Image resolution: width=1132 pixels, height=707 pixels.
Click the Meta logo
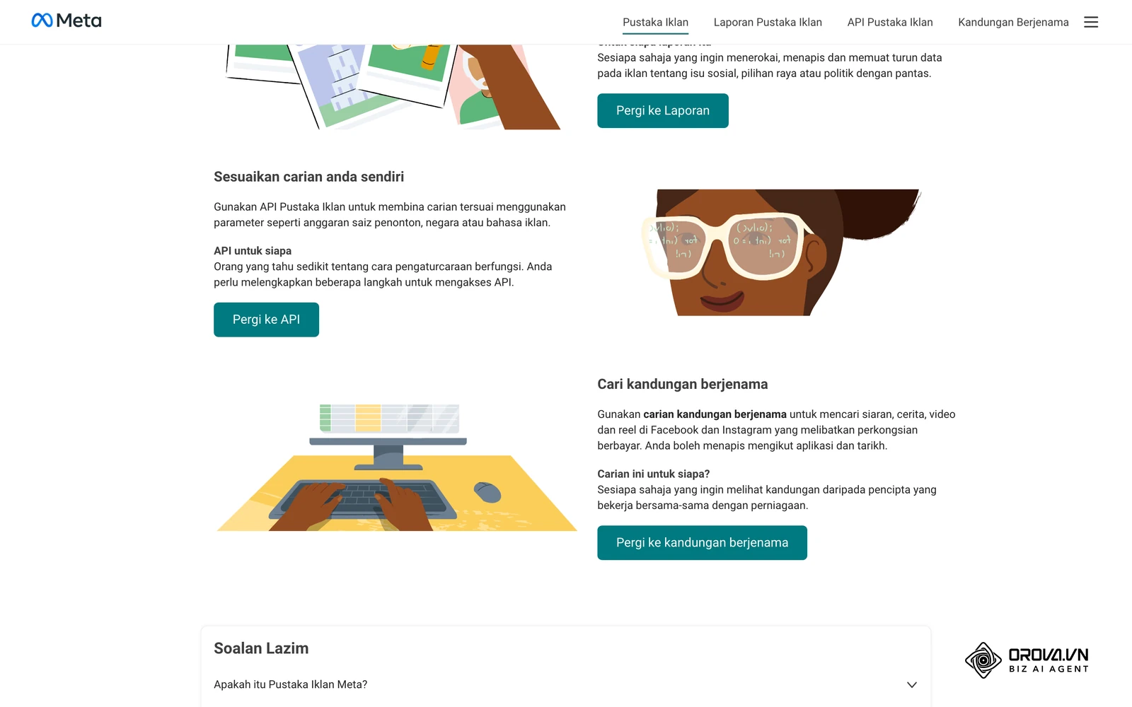(x=67, y=21)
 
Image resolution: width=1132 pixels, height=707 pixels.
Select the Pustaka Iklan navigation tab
(x=655, y=22)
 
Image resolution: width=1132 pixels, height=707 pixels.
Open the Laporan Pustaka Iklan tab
(x=768, y=22)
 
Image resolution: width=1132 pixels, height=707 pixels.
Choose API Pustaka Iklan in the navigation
(x=890, y=22)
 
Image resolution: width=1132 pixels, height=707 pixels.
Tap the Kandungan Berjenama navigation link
(x=1013, y=22)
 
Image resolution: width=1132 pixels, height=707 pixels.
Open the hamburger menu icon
(x=1090, y=22)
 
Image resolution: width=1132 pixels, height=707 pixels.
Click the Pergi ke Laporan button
(x=662, y=110)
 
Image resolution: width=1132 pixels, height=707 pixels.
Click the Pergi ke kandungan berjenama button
(x=702, y=542)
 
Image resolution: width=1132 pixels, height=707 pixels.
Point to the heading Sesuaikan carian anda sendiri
(x=308, y=177)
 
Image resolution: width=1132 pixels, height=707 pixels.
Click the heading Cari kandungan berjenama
(x=682, y=385)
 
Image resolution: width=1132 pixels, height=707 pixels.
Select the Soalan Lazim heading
(x=261, y=648)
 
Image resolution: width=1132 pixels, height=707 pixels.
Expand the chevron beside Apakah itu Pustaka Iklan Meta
(x=912, y=685)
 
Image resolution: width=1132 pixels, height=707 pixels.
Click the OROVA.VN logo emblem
(x=983, y=660)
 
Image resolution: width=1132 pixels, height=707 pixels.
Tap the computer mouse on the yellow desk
(x=487, y=492)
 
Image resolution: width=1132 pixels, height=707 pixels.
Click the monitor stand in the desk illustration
(x=388, y=457)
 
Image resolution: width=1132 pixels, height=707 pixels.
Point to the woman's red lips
(x=722, y=300)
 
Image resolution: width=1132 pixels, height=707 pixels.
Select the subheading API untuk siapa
(x=253, y=251)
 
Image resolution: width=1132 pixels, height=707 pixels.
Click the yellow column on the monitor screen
(x=368, y=418)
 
